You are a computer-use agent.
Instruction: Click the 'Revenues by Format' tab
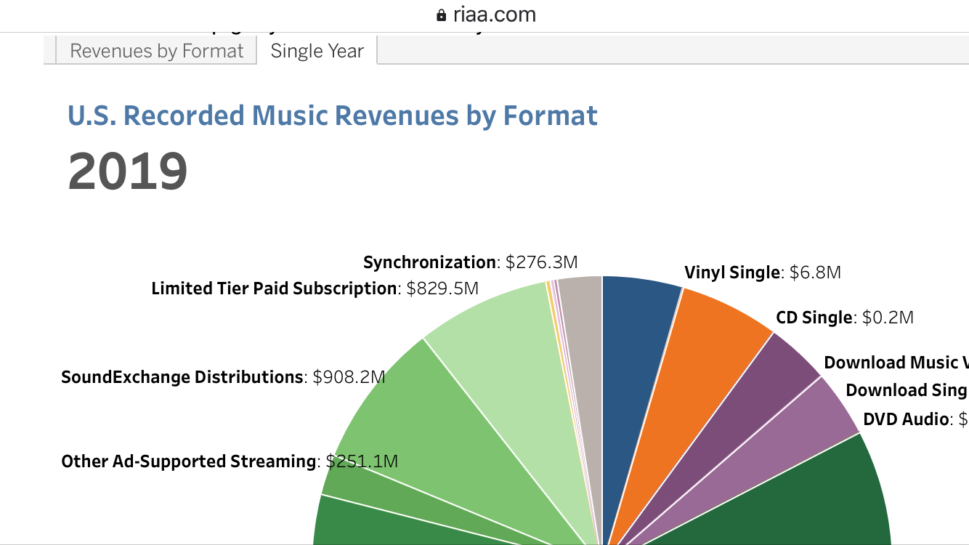(x=156, y=52)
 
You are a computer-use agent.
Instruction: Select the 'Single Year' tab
(x=317, y=52)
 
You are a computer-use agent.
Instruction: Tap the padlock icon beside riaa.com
(x=441, y=15)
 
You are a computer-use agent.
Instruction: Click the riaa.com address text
(x=495, y=15)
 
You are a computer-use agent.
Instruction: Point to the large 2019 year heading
(x=128, y=172)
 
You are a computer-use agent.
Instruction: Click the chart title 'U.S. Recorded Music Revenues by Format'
(x=333, y=116)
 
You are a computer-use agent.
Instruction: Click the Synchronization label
(x=429, y=262)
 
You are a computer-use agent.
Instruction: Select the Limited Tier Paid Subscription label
(x=274, y=288)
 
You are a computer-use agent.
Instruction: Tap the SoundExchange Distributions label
(x=182, y=377)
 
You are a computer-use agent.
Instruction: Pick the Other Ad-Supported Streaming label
(x=189, y=461)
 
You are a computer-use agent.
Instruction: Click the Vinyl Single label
(x=731, y=272)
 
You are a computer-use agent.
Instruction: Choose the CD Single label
(x=814, y=318)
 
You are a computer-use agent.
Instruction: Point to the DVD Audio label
(x=906, y=419)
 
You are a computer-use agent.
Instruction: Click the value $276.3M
(x=542, y=262)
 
